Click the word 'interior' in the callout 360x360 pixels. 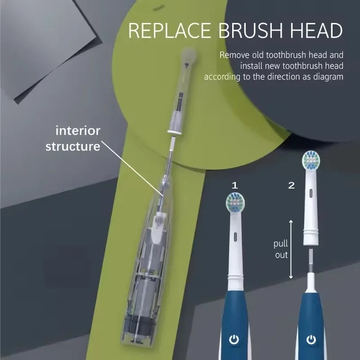pyautogui.click(x=78, y=131)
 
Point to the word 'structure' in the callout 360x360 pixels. pyautogui.click(x=72, y=147)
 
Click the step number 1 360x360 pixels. pyautogui.click(x=234, y=185)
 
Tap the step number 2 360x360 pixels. pyautogui.click(x=291, y=185)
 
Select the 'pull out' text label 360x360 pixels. pyautogui.click(x=281, y=249)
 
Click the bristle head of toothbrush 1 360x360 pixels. pyautogui.click(x=234, y=203)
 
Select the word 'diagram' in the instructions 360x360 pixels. pyautogui.click(x=328, y=76)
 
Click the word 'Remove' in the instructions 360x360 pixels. pyautogui.click(x=233, y=55)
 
